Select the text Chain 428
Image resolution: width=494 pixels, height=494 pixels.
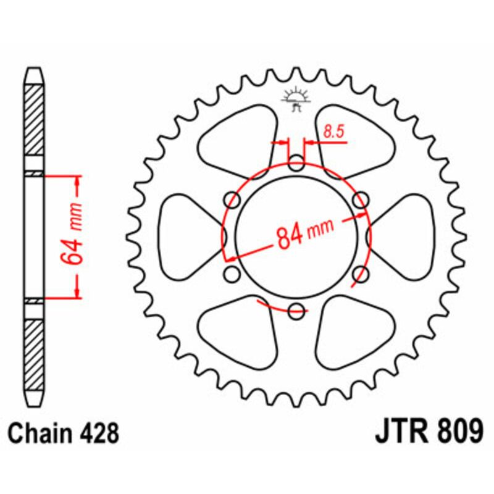click(64, 433)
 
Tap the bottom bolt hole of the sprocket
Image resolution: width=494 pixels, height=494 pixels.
click(296, 310)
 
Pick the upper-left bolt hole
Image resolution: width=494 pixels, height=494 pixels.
click(233, 199)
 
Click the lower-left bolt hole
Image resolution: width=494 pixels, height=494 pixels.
click(233, 274)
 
